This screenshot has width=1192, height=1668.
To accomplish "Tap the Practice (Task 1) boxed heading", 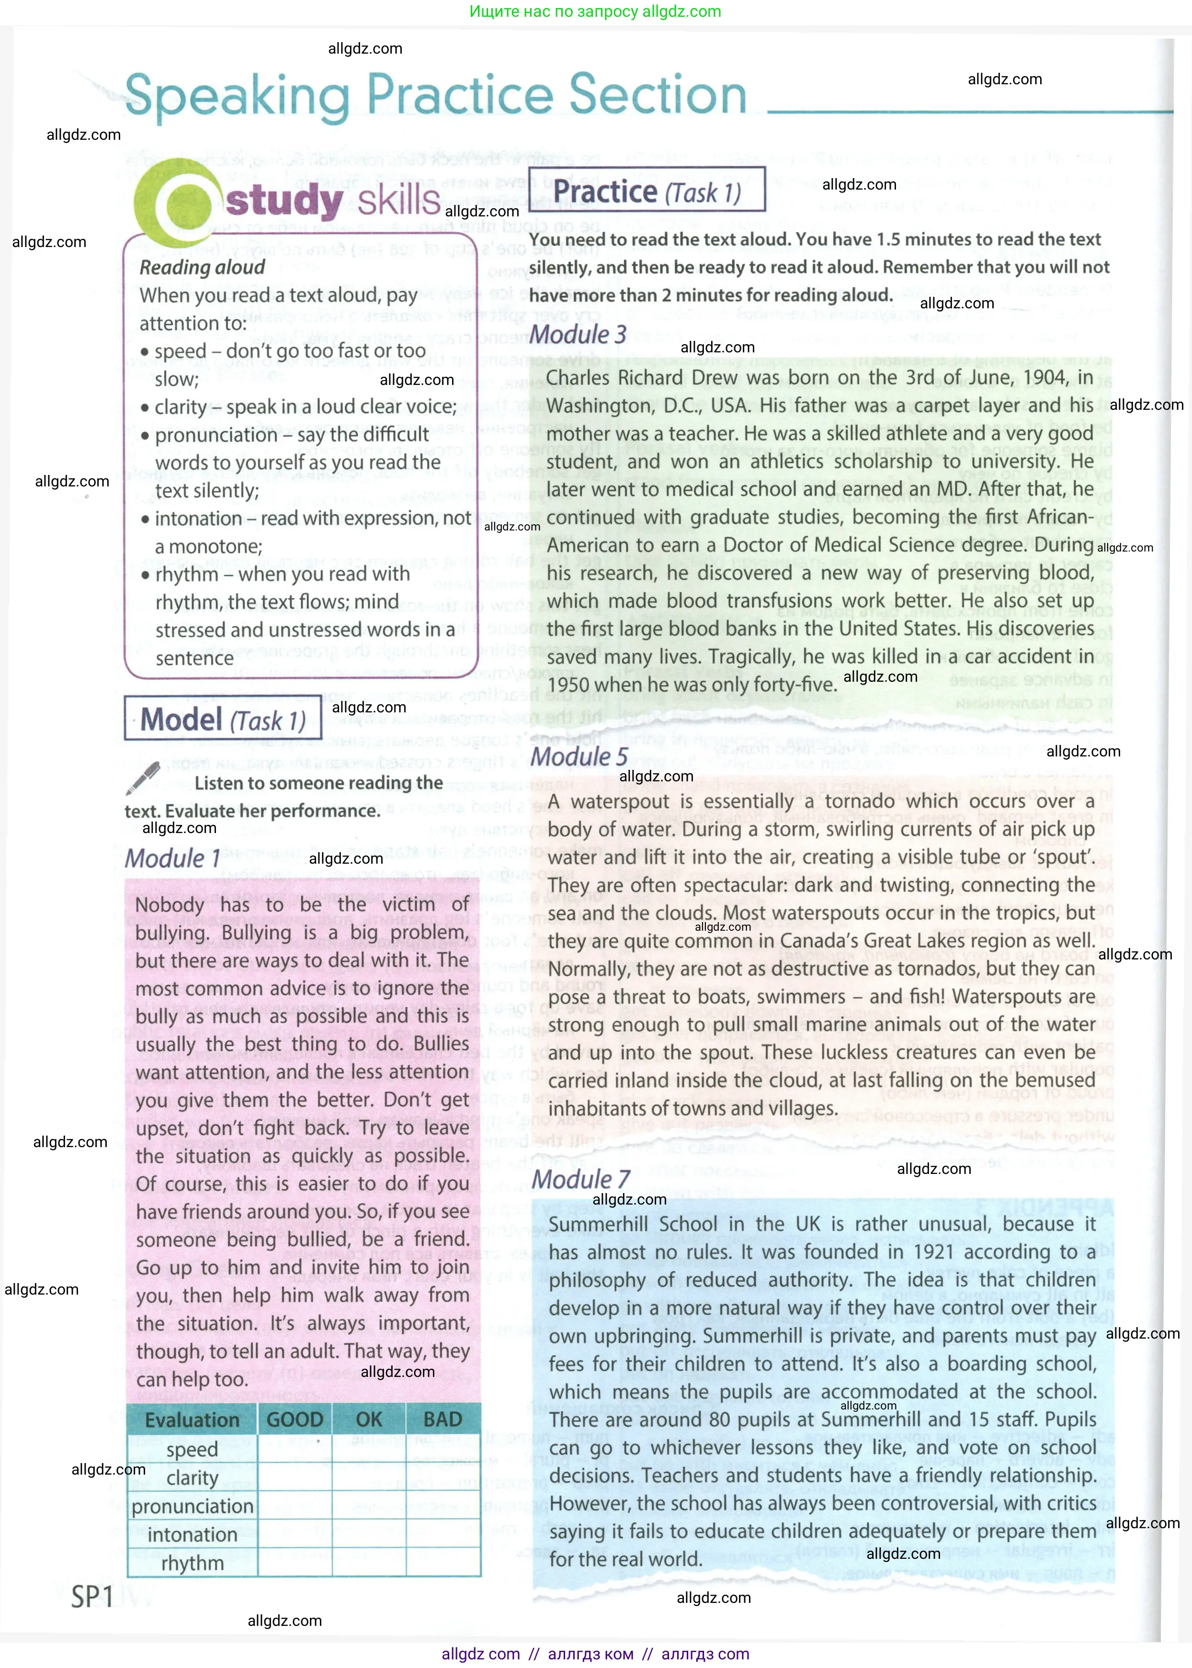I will point(646,191).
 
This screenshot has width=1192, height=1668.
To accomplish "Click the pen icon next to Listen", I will point(143,778).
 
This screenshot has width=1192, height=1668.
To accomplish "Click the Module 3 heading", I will point(578,335).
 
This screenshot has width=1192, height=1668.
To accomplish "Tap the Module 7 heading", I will point(580,1179).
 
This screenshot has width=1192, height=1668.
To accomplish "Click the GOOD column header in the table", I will point(295,1419).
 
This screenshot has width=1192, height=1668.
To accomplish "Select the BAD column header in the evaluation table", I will point(443,1419).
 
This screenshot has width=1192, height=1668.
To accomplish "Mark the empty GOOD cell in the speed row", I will point(295,1449).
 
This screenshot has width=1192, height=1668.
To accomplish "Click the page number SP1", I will point(92,1597).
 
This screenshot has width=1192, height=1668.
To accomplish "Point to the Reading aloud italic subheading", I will point(202,267).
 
